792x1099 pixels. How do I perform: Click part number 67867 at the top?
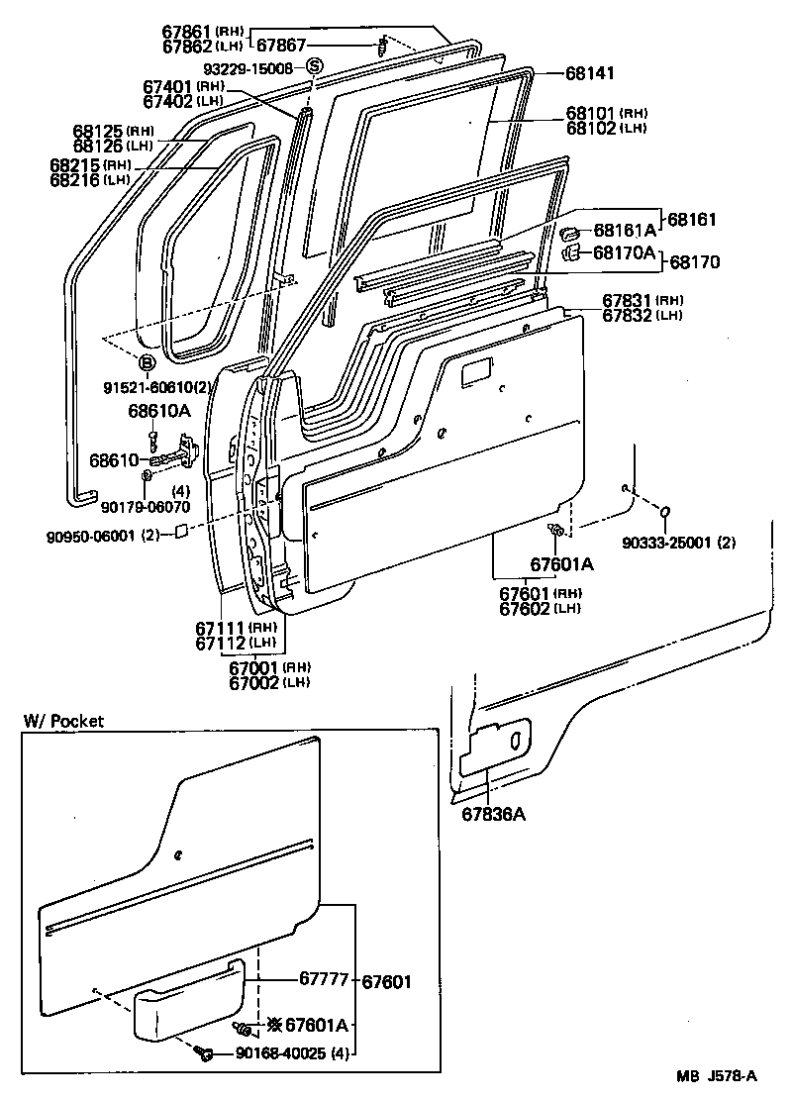[282, 45]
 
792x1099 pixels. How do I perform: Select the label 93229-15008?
[248, 68]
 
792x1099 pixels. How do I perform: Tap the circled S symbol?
[314, 67]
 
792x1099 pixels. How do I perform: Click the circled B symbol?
[146, 361]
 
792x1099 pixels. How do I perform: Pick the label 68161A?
[625, 231]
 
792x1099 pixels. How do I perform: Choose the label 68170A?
[625, 253]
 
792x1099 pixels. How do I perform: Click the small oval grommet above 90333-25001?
[665, 512]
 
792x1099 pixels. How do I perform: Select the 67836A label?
[492, 814]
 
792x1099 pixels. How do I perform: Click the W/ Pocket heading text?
[64, 721]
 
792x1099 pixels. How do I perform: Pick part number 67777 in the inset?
[324, 980]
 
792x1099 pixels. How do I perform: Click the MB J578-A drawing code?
[717, 1077]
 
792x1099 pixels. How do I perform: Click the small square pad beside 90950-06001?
[182, 534]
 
